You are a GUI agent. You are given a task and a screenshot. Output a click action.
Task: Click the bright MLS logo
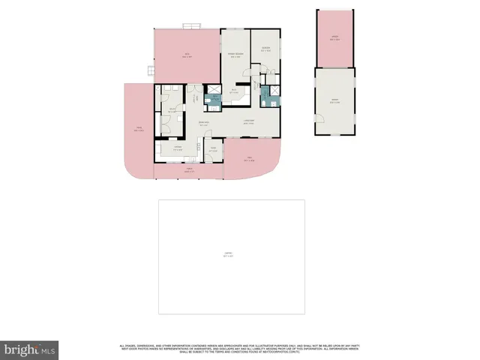point(29,349)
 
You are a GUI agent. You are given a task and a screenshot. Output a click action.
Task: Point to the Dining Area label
point(202,124)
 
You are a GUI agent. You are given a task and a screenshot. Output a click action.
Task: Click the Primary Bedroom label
point(235,54)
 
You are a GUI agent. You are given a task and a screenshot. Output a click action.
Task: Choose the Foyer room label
point(213,149)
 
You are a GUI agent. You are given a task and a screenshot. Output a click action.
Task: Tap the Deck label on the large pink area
point(187,55)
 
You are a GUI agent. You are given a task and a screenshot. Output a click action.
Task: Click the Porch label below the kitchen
point(189,171)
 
